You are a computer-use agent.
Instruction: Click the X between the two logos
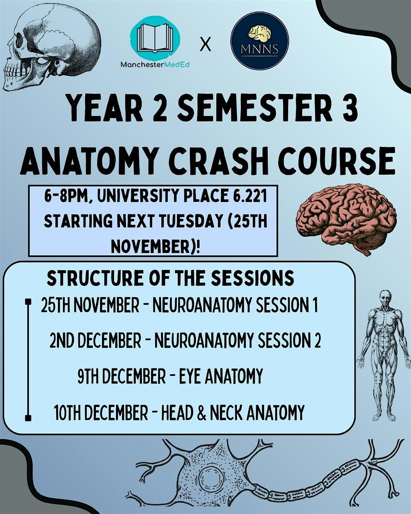point(205,45)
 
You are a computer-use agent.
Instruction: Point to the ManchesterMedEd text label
point(155,64)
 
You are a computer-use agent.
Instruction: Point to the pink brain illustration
point(346,217)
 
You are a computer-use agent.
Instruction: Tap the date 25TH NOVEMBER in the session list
point(90,306)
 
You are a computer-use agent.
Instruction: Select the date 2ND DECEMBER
point(96,341)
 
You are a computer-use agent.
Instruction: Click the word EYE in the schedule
point(190,376)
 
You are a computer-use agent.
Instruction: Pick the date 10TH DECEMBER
point(101,413)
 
